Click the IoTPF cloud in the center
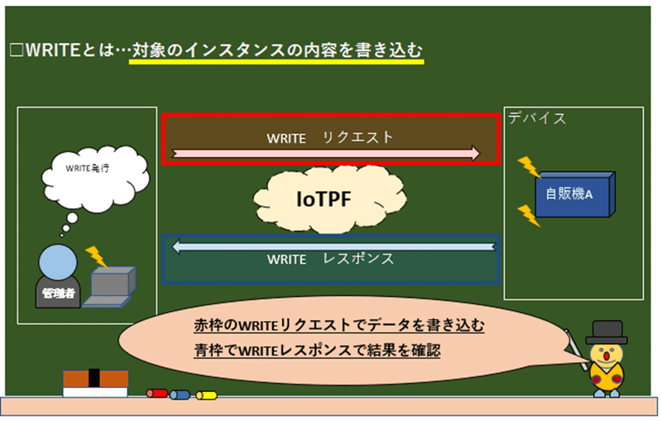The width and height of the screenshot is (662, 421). pyautogui.click(x=329, y=199)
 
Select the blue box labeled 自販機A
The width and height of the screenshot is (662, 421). pyautogui.click(x=574, y=194)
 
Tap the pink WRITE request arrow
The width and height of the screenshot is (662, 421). pyautogui.click(x=325, y=153)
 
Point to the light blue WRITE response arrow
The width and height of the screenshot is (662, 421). pyautogui.click(x=334, y=246)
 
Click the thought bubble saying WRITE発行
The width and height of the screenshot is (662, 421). pyautogui.click(x=95, y=178)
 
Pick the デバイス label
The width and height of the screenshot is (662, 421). pyautogui.click(x=536, y=118)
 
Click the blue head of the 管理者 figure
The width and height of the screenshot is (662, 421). pyautogui.click(x=58, y=262)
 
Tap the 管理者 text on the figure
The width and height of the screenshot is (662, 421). pyautogui.click(x=58, y=294)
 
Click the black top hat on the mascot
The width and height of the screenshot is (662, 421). pyautogui.click(x=607, y=332)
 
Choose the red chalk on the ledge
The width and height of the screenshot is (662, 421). pyautogui.click(x=157, y=394)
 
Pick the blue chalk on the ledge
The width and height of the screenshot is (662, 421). pyautogui.click(x=180, y=395)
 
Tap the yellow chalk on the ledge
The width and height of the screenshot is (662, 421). pyautogui.click(x=206, y=395)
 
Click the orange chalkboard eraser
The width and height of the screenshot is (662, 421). pyautogui.click(x=95, y=383)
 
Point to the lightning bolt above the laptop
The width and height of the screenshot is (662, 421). pyautogui.click(x=96, y=257)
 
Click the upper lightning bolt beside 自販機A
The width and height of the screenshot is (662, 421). pyautogui.click(x=529, y=167)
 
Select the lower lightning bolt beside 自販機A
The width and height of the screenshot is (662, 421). pyautogui.click(x=529, y=216)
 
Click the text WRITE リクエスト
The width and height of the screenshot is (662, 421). pyautogui.click(x=329, y=137)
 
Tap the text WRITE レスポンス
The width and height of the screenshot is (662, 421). pyautogui.click(x=330, y=259)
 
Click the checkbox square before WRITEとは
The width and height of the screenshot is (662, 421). pyautogui.click(x=17, y=50)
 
